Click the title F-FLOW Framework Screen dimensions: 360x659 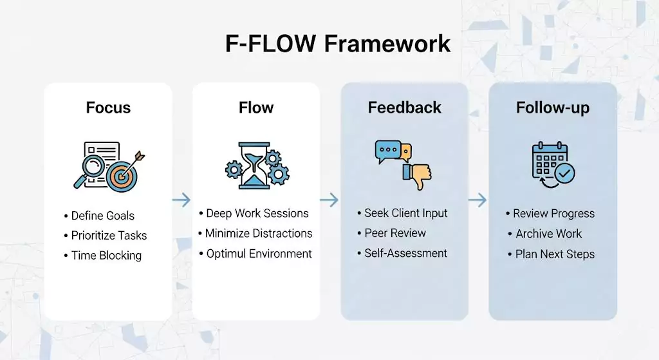click(x=338, y=43)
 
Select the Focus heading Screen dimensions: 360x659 click(x=108, y=108)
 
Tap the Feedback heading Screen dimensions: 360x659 click(x=404, y=108)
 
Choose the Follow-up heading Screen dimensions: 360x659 click(x=552, y=108)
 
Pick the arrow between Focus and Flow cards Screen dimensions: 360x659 click(x=181, y=200)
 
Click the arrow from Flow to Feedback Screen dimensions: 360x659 click(x=329, y=200)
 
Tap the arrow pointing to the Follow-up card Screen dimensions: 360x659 click(x=478, y=200)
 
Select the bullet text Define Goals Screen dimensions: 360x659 click(x=102, y=216)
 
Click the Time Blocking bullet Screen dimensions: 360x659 click(x=106, y=255)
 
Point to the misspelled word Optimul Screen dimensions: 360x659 click(x=225, y=254)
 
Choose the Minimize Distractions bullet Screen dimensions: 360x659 click(x=259, y=233)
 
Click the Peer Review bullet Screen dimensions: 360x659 click(x=395, y=233)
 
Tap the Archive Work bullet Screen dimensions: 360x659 click(x=548, y=234)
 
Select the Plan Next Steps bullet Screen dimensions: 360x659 click(x=555, y=254)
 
